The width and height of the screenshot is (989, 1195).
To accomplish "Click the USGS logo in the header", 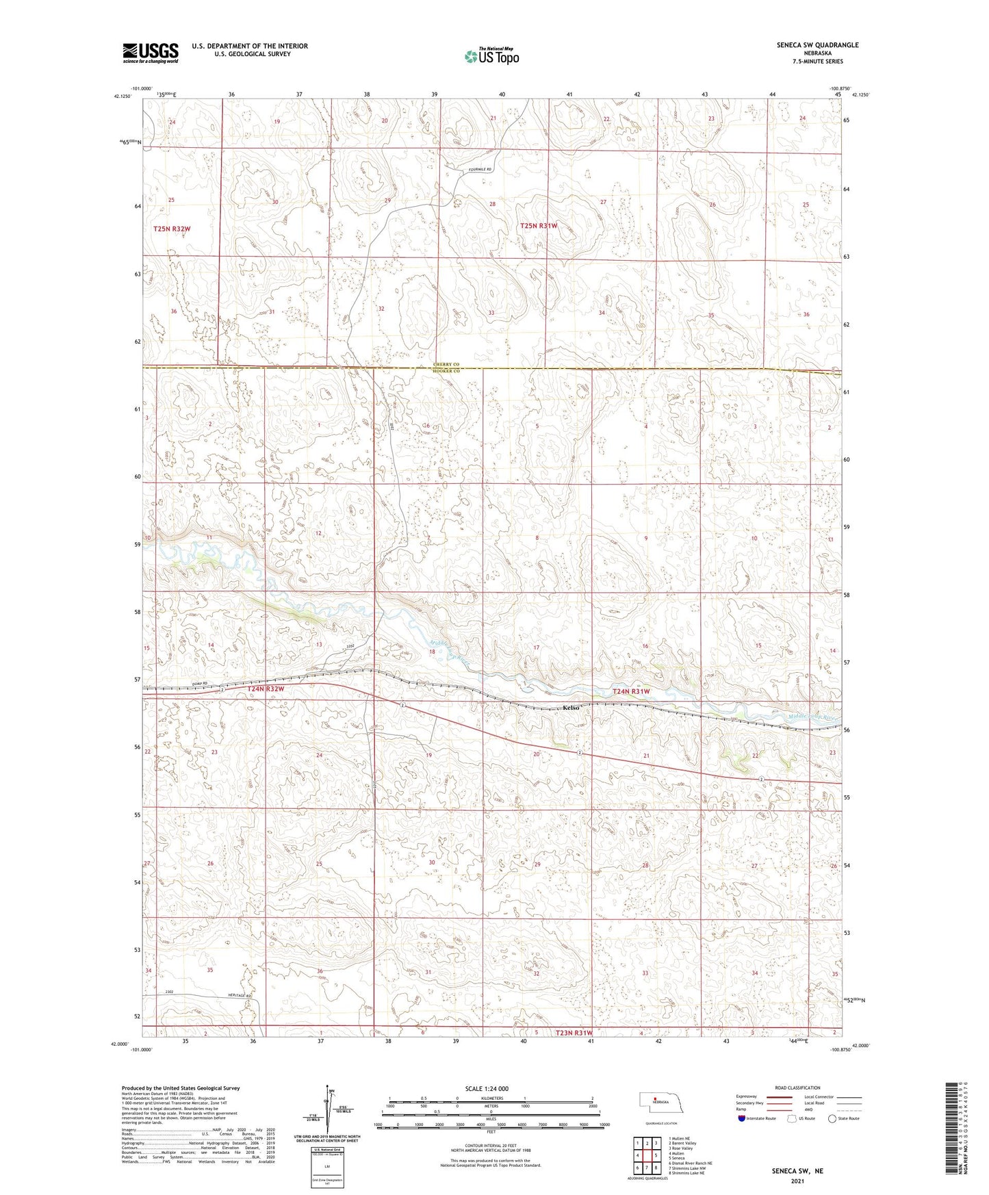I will point(150,52).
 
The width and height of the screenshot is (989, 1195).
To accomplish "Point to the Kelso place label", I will point(571,708).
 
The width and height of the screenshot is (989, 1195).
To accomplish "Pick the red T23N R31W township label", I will point(573,1033).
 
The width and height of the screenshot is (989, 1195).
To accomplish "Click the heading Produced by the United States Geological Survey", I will point(181,1088).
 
